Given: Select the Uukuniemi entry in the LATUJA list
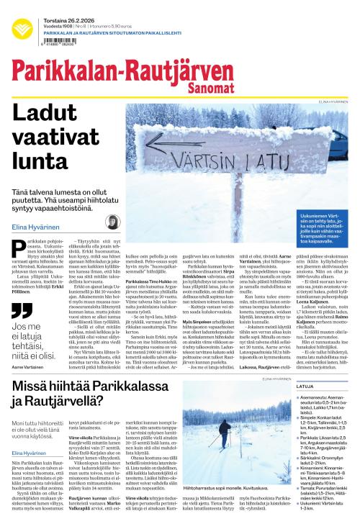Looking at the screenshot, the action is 324,507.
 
